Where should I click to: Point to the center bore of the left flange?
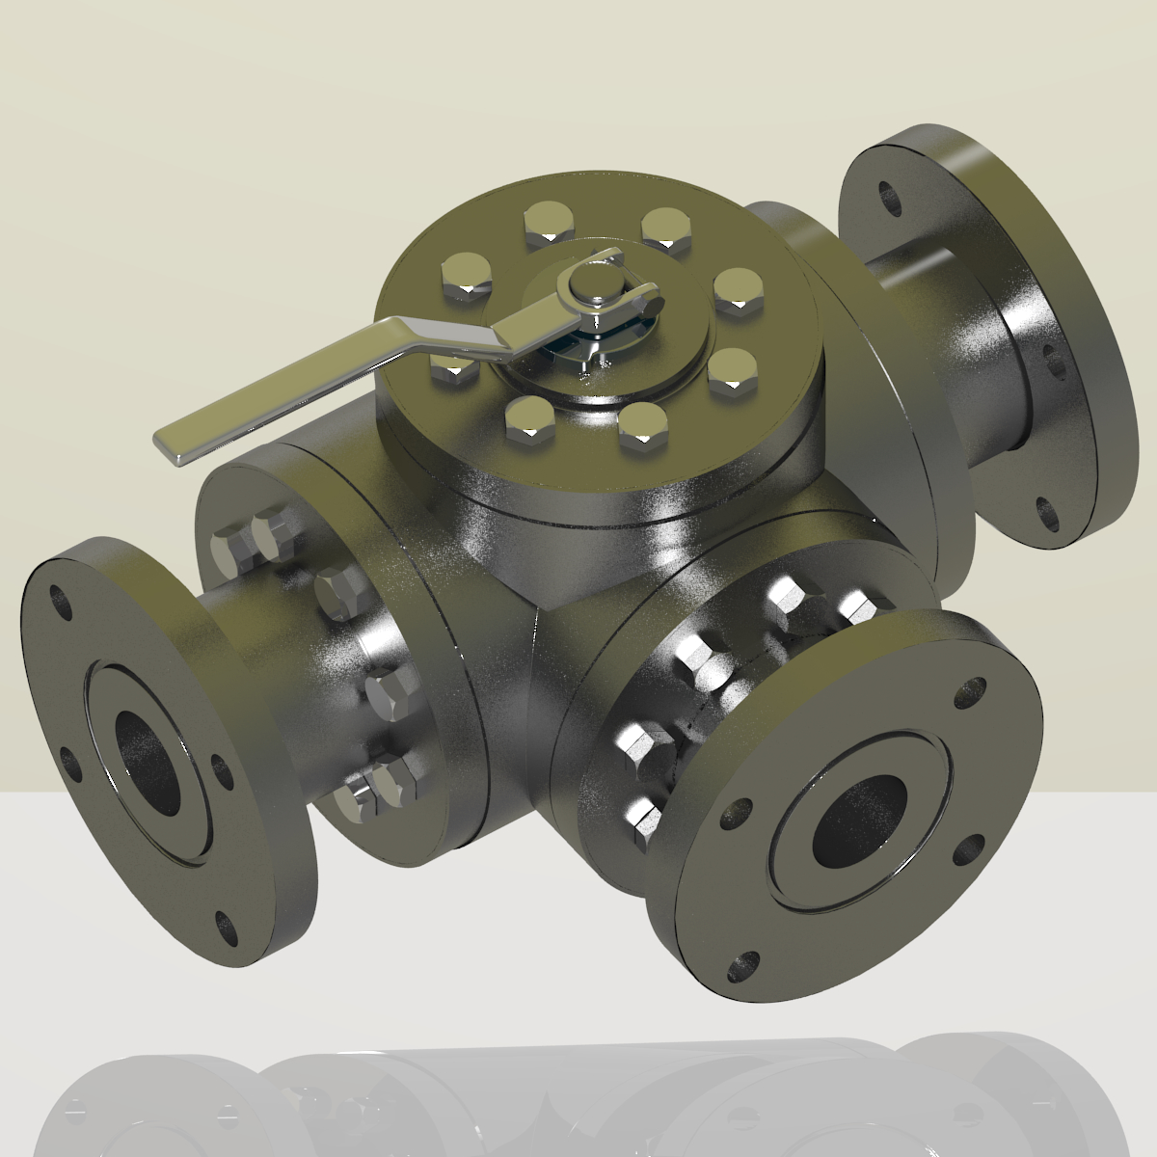tap(148, 757)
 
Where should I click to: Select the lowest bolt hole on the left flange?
tap(228, 928)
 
